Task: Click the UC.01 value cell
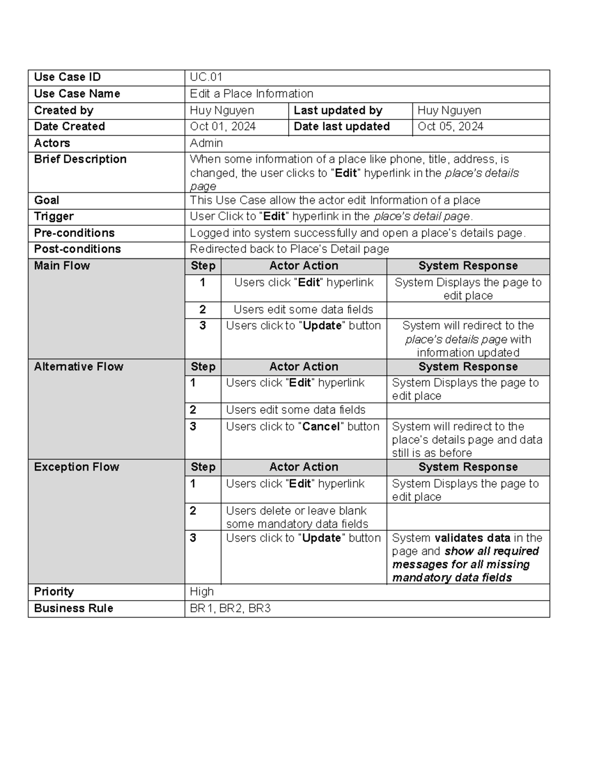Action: (206, 77)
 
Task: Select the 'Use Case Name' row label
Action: (77, 94)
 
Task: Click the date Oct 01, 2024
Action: (222, 127)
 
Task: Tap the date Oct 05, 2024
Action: (450, 127)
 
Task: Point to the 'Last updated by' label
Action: (338, 110)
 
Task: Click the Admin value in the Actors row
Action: (206, 143)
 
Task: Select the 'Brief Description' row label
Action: (80, 159)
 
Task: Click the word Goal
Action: (46, 200)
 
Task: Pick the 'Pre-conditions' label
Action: (74, 233)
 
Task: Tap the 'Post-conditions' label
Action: (77, 249)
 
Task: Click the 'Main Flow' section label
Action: (62, 266)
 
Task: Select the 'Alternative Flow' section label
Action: (78, 366)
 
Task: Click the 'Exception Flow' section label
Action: (76, 467)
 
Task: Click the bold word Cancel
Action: (321, 427)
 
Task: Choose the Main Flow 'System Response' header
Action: (468, 266)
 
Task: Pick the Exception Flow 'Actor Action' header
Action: (303, 467)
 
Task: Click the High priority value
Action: (202, 592)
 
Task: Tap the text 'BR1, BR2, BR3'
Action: (230, 609)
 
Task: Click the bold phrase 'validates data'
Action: (472, 538)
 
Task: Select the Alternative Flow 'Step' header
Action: (203, 366)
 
